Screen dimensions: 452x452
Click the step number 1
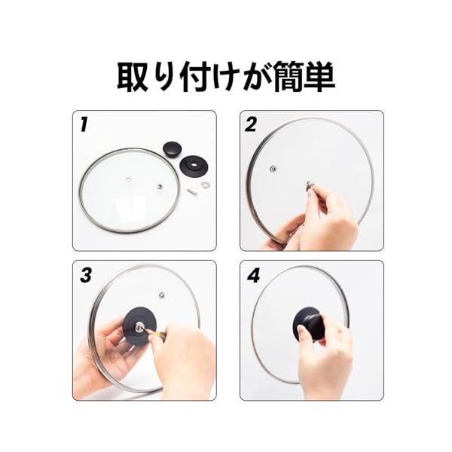coord(84,125)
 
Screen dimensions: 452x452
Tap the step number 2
coord(251,125)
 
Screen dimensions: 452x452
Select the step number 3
coord(86,275)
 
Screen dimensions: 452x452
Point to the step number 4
coord(253,275)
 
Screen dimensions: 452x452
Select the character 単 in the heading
coord(319,77)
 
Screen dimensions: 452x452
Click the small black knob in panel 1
coord(173,148)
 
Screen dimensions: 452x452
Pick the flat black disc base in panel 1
coord(194,166)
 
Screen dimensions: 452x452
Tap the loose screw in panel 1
coord(192,191)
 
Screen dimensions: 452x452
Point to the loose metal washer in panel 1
coord(206,184)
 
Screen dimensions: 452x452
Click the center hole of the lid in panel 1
coord(128,180)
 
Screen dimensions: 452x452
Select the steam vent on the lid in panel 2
coord(273,169)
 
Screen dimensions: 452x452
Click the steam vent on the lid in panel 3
coord(162,295)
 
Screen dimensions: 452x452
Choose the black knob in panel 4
coord(307,323)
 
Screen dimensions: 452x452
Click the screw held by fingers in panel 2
coord(310,185)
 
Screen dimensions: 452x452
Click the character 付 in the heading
coord(195,77)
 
